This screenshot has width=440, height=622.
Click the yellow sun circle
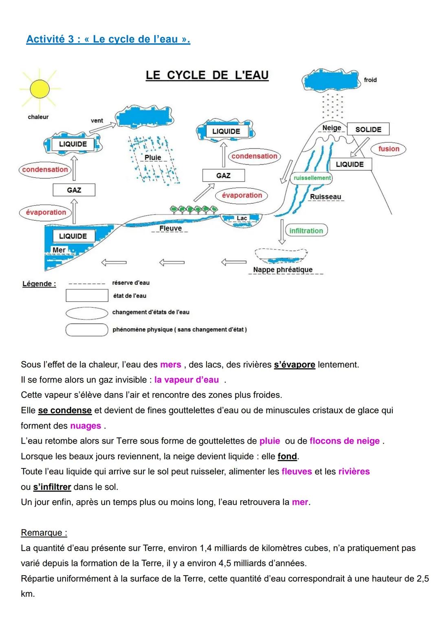[x=40, y=89]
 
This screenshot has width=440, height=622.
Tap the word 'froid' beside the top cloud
[x=370, y=80]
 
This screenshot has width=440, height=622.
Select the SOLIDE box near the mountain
[x=368, y=130]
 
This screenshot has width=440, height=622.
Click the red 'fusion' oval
[x=389, y=149]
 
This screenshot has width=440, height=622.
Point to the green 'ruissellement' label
[x=312, y=178]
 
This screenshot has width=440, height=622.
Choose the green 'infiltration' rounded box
[x=306, y=231]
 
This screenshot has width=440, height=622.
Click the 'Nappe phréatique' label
[x=283, y=270]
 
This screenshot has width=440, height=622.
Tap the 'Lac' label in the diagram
[x=242, y=218]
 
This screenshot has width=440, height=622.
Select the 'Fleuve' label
[x=170, y=229]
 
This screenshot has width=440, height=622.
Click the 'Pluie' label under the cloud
[x=153, y=158]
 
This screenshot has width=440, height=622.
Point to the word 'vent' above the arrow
[x=97, y=121]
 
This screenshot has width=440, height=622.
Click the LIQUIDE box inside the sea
[x=73, y=236]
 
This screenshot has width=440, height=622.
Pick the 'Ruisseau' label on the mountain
[x=326, y=197]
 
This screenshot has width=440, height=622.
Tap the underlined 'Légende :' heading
[x=39, y=284]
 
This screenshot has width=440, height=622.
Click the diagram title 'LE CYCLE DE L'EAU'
[x=207, y=75]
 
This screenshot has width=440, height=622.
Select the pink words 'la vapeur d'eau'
[x=187, y=380]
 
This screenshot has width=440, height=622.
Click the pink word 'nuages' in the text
[x=86, y=426]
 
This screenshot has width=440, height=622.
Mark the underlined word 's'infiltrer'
[x=52, y=487]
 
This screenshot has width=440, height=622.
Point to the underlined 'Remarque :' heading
[x=44, y=533]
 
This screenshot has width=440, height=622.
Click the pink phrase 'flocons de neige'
[x=345, y=441]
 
